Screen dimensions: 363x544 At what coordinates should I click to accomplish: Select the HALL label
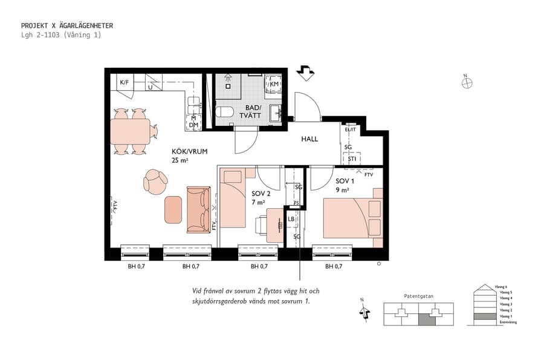(x=309, y=139)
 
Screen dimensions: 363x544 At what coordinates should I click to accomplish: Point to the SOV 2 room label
(x=261, y=194)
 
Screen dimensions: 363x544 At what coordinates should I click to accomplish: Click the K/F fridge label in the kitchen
(x=125, y=82)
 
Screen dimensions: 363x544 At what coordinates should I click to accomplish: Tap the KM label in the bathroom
(x=274, y=83)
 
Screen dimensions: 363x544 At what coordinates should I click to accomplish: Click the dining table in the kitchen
(x=131, y=130)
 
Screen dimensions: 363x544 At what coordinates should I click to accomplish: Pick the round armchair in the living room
(x=156, y=181)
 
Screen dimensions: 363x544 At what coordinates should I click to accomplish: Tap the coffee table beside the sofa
(x=173, y=209)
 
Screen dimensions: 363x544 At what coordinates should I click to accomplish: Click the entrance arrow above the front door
(x=306, y=73)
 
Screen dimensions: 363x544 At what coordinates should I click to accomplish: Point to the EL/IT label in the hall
(x=351, y=129)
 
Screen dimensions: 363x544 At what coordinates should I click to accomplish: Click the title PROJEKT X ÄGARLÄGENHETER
(x=67, y=26)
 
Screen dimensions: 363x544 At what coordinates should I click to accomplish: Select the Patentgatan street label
(x=419, y=296)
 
